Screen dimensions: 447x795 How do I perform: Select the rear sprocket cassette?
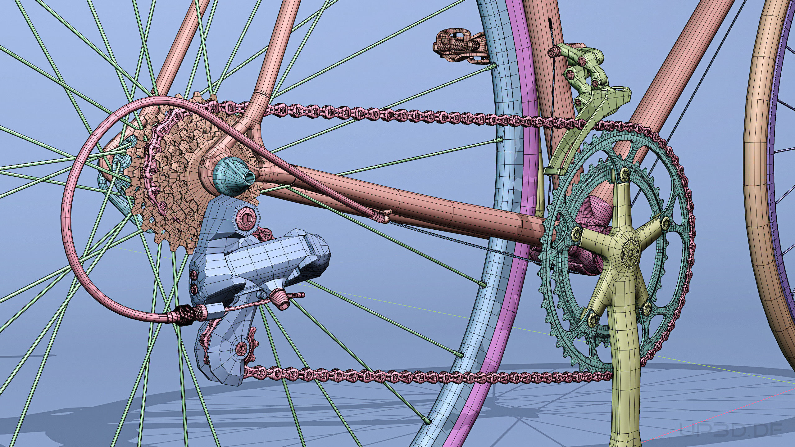click(174, 174)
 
